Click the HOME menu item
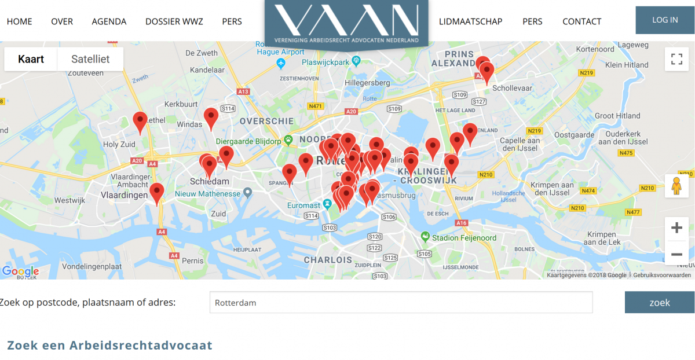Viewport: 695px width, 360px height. (19, 21)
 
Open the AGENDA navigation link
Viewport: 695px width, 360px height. (109, 21)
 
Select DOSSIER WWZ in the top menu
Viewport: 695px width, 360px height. (174, 21)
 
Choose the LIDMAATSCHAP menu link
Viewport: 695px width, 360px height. (470, 21)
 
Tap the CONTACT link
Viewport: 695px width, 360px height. (581, 21)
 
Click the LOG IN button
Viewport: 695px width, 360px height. (664, 20)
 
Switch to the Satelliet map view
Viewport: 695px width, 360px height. (90, 59)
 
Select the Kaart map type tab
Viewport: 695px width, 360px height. (31, 59)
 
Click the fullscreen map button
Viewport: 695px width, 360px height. (676, 59)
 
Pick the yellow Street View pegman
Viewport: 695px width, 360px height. (676, 186)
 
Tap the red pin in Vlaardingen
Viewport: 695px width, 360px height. (156, 193)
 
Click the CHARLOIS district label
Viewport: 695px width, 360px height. (328, 260)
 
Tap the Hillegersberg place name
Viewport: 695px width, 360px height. (367, 83)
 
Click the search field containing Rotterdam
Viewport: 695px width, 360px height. (401, 302)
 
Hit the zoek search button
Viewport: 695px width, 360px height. (660, 302)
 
